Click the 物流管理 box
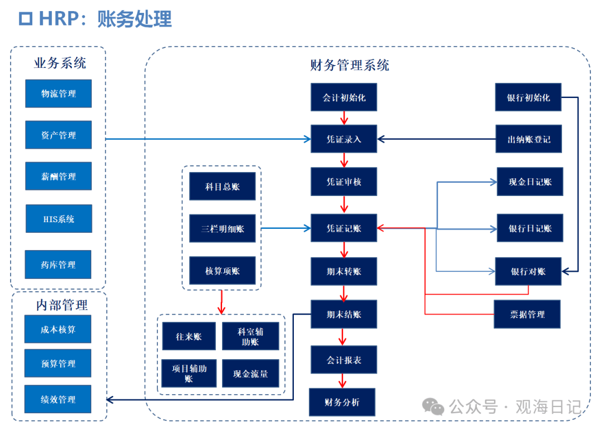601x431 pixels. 58,94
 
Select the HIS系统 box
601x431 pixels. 58,219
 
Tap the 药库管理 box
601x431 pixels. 58,265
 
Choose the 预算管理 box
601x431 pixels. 58,364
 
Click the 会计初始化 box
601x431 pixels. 344,97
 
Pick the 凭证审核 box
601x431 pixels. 344,182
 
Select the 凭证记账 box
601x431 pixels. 344,228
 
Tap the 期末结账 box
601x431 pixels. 344,314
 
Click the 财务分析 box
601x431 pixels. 342,402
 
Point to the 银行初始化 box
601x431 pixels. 528,97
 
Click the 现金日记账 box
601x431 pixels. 530,182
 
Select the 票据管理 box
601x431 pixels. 527,314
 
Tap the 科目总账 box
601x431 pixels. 222,187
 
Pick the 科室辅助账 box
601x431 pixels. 250,336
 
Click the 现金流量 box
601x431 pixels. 250,374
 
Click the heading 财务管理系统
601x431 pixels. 349,65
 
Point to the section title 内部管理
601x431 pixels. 62,305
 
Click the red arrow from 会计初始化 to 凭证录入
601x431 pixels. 344,117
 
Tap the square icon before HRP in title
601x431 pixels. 26,19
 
